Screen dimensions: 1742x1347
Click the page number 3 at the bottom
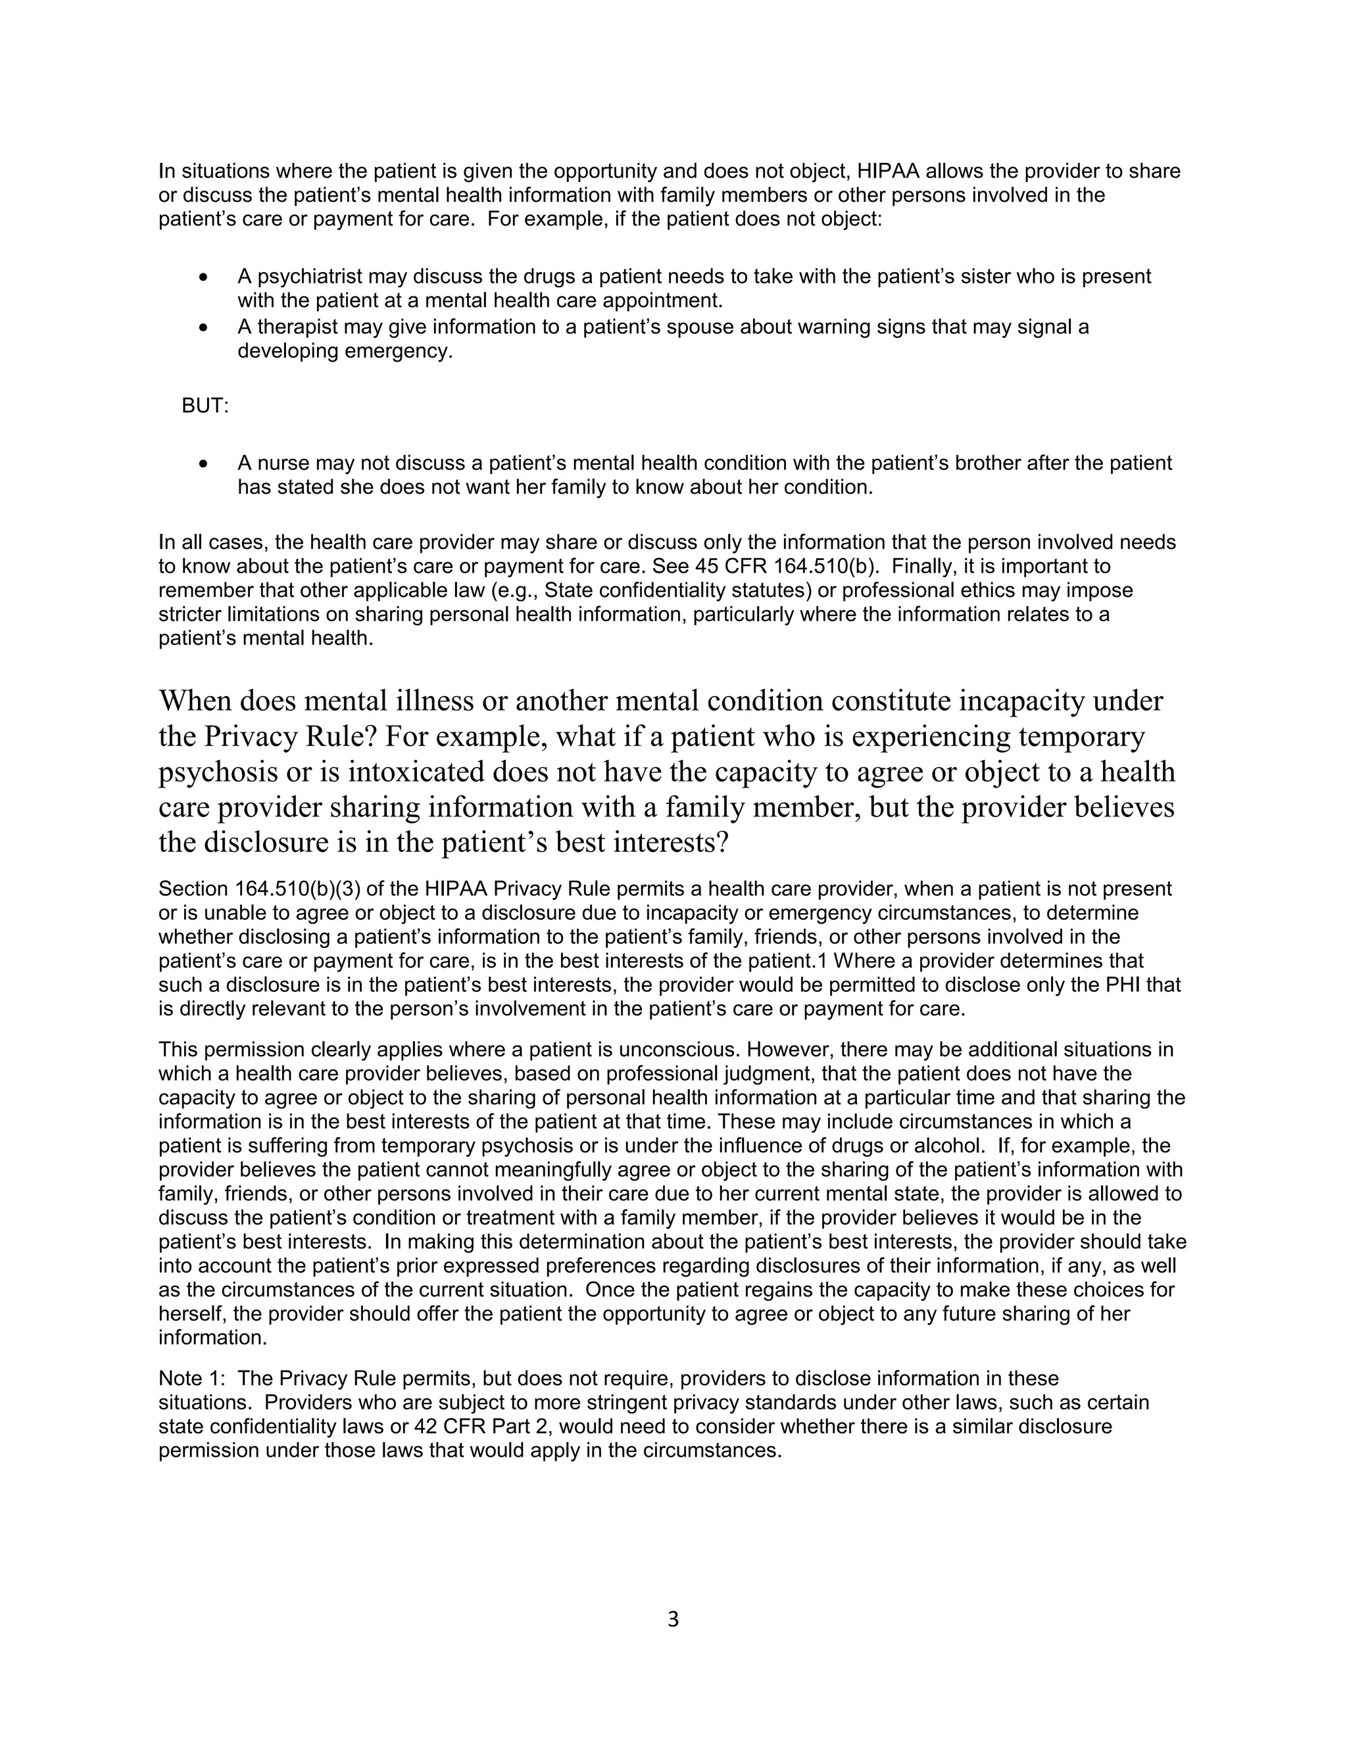tap(673, 1619)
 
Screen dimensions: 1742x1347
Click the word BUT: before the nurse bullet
tap(205, 406)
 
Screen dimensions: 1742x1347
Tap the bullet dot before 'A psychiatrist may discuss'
tap(205, 277)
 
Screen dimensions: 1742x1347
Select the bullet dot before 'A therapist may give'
tap(205, 328)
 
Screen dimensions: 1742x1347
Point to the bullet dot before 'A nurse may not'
tap(205, 464)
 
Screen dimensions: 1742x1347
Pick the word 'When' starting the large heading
tap(195, 701)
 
